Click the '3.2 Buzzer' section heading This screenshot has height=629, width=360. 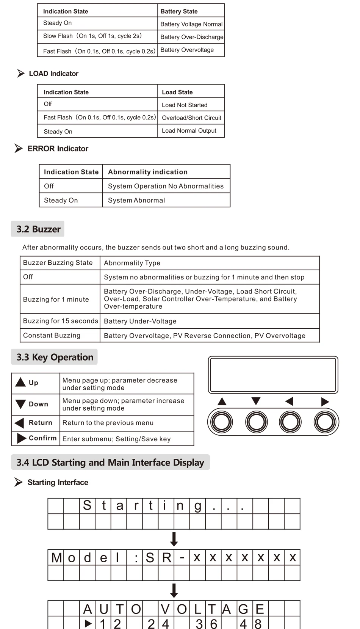point(38,229)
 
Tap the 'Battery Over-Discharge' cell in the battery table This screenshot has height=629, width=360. point(191,37)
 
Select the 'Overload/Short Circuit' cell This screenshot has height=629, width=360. point(191,118)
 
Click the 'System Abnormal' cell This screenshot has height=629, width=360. point(136,200)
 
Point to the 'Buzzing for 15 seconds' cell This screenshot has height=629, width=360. point(60,321)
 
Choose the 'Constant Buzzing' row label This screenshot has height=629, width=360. point(52,335)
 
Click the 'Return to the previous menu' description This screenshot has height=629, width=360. point(108,423)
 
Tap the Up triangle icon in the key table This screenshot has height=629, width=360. point(20,382)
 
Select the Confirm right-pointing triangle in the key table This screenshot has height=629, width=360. point(22,438)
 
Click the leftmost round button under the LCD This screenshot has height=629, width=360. point(222,422)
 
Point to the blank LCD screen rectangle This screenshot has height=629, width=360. point(273,375)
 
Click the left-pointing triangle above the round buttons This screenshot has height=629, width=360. point(290,401)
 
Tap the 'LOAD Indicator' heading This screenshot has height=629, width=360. point(53,74)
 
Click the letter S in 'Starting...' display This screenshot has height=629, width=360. point(87,505)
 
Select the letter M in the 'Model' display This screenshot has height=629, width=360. point(56,557)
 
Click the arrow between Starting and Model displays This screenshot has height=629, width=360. point(174,539)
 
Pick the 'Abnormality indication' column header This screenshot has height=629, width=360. point(148,172)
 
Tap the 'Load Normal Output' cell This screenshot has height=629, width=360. point(189,130)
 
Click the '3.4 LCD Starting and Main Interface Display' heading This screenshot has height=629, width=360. point(110,463)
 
